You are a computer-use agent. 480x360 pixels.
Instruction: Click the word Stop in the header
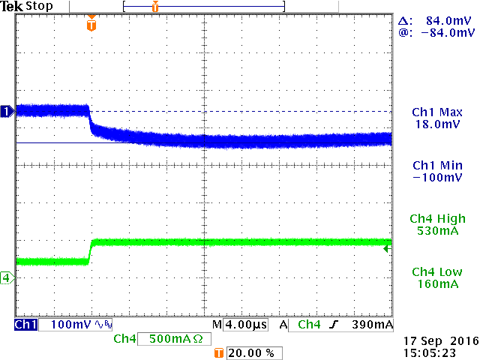tap(39, 7)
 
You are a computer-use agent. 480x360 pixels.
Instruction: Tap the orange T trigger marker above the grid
tap(91, 25)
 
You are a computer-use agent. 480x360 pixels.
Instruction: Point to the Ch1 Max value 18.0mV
tap(436, 124)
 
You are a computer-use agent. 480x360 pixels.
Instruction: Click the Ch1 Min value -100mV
tap(436, 178)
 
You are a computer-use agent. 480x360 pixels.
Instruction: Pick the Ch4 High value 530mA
tap(436, 231)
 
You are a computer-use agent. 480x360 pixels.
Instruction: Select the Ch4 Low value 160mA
tap(436, 284)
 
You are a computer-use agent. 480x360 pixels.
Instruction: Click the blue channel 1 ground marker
tap(7, 111)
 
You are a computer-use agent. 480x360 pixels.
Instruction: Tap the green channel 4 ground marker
tap(7, 278)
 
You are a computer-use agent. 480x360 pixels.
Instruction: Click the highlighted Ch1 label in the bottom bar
tap(25, 325)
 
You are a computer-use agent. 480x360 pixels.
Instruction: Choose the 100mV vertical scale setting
tap(61, 325)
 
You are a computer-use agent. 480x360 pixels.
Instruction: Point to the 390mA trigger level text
tap(373, 325)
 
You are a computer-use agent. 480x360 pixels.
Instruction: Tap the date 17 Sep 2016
tap(434, 340)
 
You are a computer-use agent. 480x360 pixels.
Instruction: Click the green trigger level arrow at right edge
tap(387, 248)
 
